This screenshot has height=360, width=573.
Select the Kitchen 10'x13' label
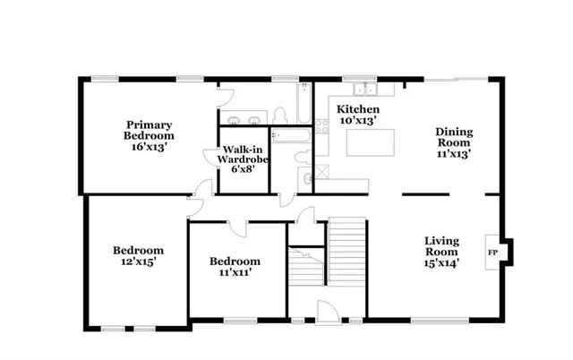pos(356,114)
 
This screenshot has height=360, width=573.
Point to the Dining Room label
pos(454,142)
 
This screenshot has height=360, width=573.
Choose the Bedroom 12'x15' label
pos(137,255)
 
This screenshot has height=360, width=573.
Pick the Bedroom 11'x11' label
pos(235,266)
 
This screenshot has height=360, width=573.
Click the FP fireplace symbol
pos(492,253)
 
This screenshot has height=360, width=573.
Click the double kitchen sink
pos(363,90)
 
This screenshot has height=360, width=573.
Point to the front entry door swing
pos(327,311)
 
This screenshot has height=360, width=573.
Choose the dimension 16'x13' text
pos(148,146)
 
